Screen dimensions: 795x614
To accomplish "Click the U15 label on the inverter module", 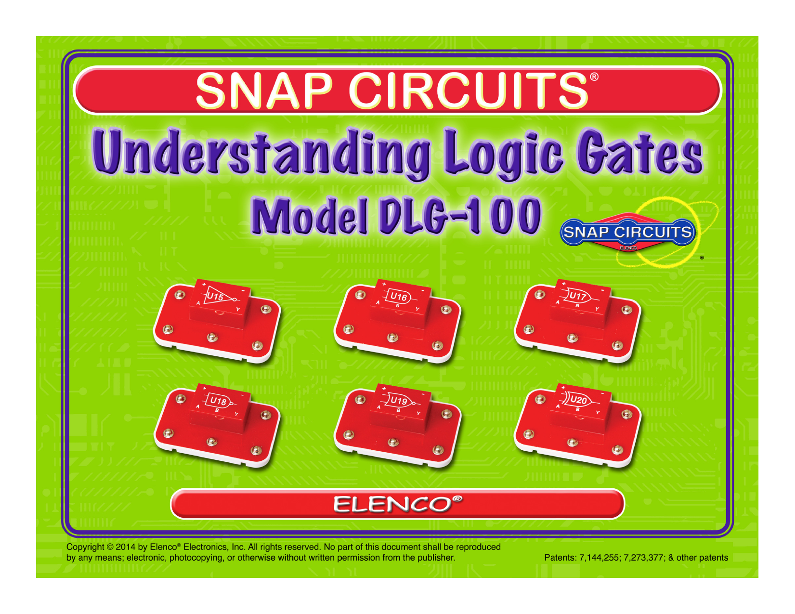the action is click(x=215, y=296).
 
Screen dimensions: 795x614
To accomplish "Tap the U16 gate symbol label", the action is click(x=398, y=297).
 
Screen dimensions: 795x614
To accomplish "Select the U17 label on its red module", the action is click(x=578, y=296).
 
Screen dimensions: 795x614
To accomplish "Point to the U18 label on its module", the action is click(x=219, y=401).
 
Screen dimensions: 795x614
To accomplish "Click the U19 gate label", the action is click(x=398, y=401).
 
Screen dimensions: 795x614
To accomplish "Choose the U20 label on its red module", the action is click(x=579, y=400).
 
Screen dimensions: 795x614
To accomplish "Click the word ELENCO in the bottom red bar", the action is click(x=393, y=505).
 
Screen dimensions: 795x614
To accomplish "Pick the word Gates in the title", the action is click(x=639, y=151).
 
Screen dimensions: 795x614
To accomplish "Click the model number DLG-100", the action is click(x=460, y=215).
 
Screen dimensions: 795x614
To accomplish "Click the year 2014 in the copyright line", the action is click(x=126, y=547).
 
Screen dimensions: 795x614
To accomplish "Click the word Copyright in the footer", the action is click(x=85, y=547).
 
